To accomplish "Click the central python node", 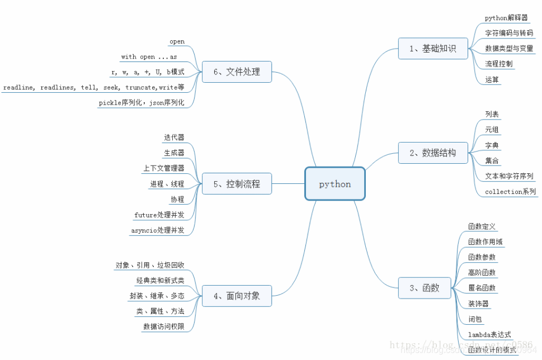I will tap(335, 183).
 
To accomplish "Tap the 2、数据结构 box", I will tap(432, 153).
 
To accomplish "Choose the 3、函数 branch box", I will tap(424, 288).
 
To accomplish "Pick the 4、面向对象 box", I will tap(237, 296).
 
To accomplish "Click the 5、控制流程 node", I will tap(237, 183).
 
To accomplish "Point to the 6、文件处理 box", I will tap(237, 72).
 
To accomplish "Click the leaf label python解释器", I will tap(506, 18).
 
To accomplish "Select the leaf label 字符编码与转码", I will tap(509, 33).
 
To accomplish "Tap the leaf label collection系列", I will tap(510, 192).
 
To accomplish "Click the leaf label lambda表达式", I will tap(489, 334).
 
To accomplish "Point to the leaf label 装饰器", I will tap(478, 304).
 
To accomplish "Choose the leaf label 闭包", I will tap(475, 319).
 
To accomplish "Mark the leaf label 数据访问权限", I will tap(163, 326).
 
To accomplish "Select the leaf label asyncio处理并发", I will tap(158, 230).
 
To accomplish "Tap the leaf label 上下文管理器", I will tap(163, 168).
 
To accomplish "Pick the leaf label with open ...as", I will tap(149, 57).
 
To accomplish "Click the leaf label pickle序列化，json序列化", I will tap(142, 103).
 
